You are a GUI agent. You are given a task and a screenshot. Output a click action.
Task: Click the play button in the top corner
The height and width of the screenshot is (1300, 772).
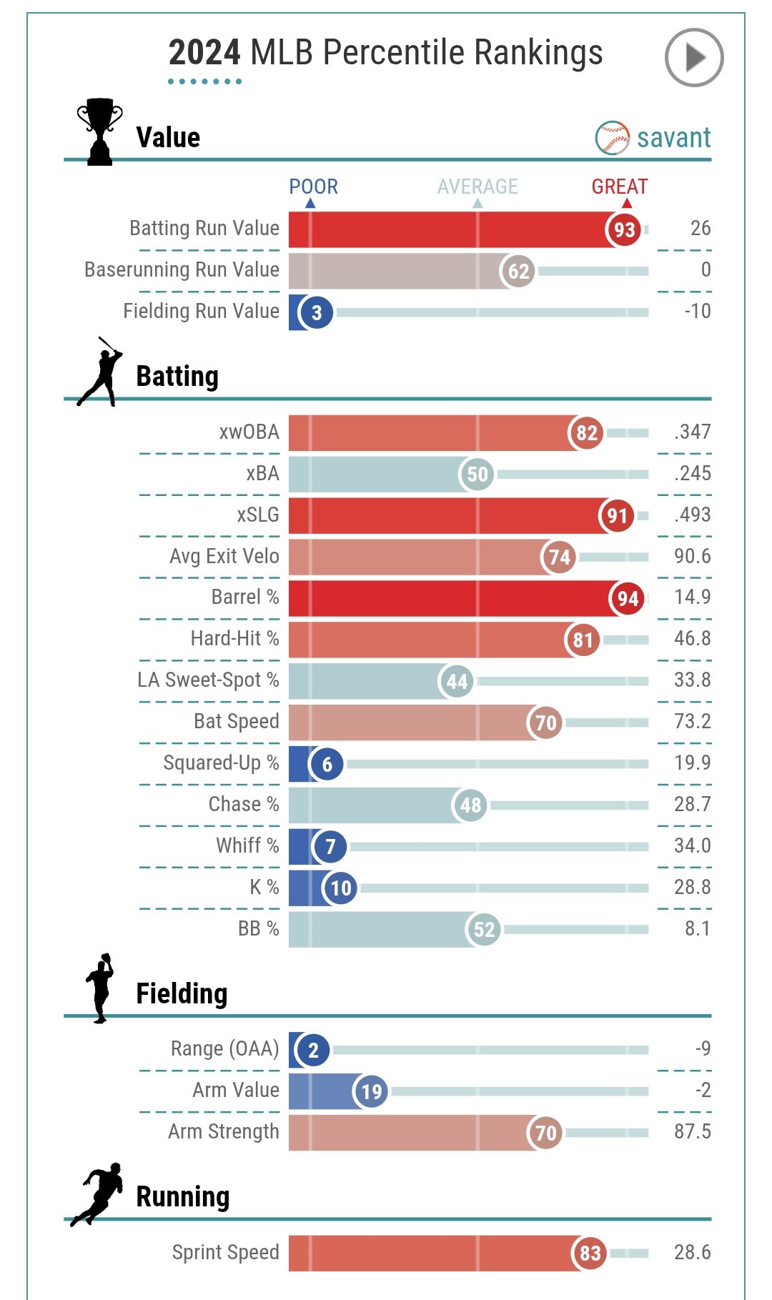click(694, 57)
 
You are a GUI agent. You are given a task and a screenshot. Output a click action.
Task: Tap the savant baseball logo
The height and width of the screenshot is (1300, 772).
click(612, 138)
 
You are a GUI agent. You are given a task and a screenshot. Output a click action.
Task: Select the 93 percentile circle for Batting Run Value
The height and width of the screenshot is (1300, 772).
click(624, 230)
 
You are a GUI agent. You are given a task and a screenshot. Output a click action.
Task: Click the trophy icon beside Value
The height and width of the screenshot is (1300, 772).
click(99, 132)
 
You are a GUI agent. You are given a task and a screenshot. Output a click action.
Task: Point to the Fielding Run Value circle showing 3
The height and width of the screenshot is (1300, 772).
click(316, 312)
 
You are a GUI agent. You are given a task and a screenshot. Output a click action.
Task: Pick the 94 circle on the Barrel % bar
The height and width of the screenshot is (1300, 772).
click(628, 598)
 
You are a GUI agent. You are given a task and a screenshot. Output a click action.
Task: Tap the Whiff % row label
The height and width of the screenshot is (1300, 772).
click(247, 845)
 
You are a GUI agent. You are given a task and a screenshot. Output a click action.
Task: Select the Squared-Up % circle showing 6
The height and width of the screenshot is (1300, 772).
click(327, 764)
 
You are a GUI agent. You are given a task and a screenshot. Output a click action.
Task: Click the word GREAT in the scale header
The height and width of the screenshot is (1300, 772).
click(619, 187)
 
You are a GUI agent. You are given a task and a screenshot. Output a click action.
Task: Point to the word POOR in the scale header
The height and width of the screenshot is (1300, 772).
click(313, 187)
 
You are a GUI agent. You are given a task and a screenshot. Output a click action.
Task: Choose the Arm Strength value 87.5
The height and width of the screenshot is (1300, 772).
click(692, 1131)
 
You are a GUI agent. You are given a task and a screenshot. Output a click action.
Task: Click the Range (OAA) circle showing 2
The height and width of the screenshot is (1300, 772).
click(313, 1050)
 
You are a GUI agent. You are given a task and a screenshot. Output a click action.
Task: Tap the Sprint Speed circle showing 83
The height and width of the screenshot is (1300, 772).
click(590, 1253)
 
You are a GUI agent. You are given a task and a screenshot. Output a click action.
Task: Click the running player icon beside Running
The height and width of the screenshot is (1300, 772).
click(98, 1194)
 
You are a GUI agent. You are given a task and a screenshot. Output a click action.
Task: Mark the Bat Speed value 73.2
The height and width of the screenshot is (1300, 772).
click(692, 721)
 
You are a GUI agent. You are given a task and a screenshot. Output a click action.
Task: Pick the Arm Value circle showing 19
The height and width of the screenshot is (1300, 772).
click(371, 1091)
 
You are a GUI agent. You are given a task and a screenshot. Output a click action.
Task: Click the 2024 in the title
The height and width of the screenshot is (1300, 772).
click(204, 53)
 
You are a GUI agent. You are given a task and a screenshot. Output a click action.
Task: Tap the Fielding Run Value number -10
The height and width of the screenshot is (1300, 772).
click(697, 311)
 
